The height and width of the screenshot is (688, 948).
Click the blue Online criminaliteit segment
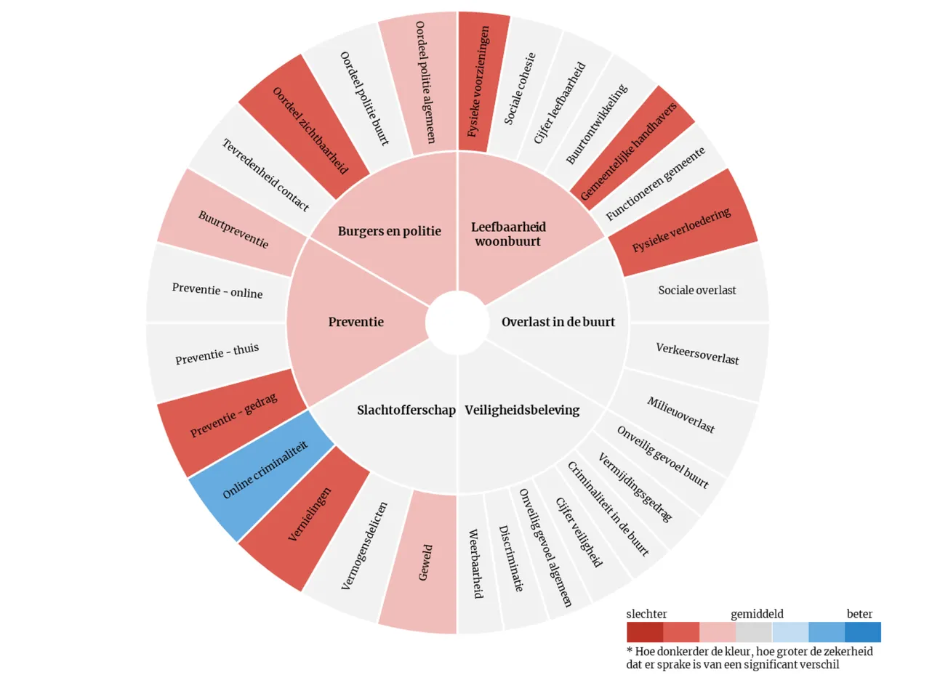pyautogui.click(x=265, y=470)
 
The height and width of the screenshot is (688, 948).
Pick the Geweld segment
pyautogui.click(x=425, y=562)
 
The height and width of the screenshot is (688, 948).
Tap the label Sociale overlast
pyautogui.click(x=696, y=291)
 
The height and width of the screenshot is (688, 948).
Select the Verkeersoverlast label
pyautogui.click(x=697, y=354)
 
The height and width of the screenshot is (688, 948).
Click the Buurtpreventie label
pyautogui.click(x=233, y=229)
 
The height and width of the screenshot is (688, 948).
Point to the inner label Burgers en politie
pyautogui.click(x=389, y=232)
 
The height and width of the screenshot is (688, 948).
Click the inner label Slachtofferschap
pyautogui.click(x=406, y=410)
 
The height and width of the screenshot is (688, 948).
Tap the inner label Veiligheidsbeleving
pyautogui.click(x=522, y=410)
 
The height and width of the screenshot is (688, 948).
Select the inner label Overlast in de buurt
pyautogui.click(x=558, y=322)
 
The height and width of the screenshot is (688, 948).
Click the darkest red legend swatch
pyautogui.click(x=644, y=632)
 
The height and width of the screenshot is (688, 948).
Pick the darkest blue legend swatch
pyautogui.click(x=862, y=632)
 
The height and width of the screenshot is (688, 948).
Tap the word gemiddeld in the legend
pyautogui.click(x=757, y=614)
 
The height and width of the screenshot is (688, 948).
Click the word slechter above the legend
pyautogui.click(x=646, y=614)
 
